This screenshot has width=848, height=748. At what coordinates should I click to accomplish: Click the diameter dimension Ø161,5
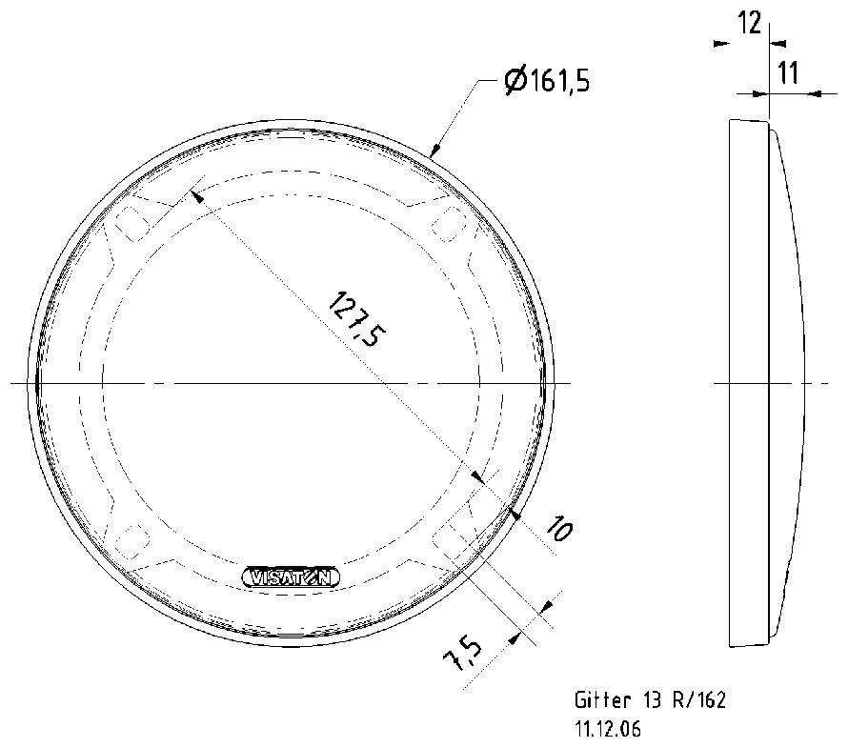547,82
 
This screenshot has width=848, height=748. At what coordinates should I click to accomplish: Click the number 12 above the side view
750,23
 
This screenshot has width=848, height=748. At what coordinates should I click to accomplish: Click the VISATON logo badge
290,576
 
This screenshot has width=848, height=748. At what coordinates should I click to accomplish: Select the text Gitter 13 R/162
650,701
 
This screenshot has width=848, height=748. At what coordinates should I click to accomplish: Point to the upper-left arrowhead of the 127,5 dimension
195,195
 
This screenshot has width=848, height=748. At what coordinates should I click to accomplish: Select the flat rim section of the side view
748,381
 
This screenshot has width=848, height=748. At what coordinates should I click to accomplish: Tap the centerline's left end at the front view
13,383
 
